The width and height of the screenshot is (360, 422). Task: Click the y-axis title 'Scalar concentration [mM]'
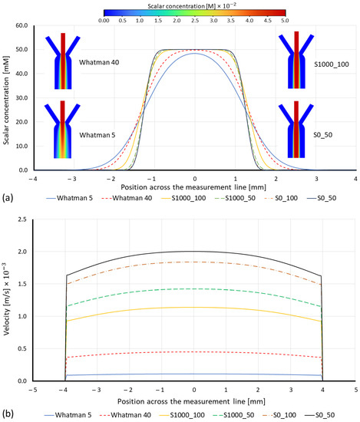[x=7, y=98]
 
